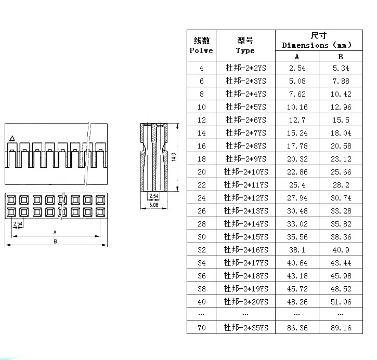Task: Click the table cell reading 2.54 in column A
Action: tap(297, 68)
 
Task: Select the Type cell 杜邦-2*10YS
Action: tap(245, 172)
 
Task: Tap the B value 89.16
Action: tap(341, 328)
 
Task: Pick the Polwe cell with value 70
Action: tap(202, 328)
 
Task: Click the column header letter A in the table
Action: tap(297, 57)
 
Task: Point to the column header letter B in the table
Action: tap(341, 57)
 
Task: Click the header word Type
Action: tap(245, 51)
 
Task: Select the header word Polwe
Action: tap(201, 51)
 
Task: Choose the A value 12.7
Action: tap(297, 120)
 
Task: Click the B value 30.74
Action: tap(341, 198)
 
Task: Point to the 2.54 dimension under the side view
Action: tap(153, 196)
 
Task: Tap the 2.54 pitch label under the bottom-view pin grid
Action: tap(17, 223)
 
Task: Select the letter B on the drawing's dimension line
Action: tap(55, 242)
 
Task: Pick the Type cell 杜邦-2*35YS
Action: tap(245, 328)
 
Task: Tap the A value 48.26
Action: tap(297, 302)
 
